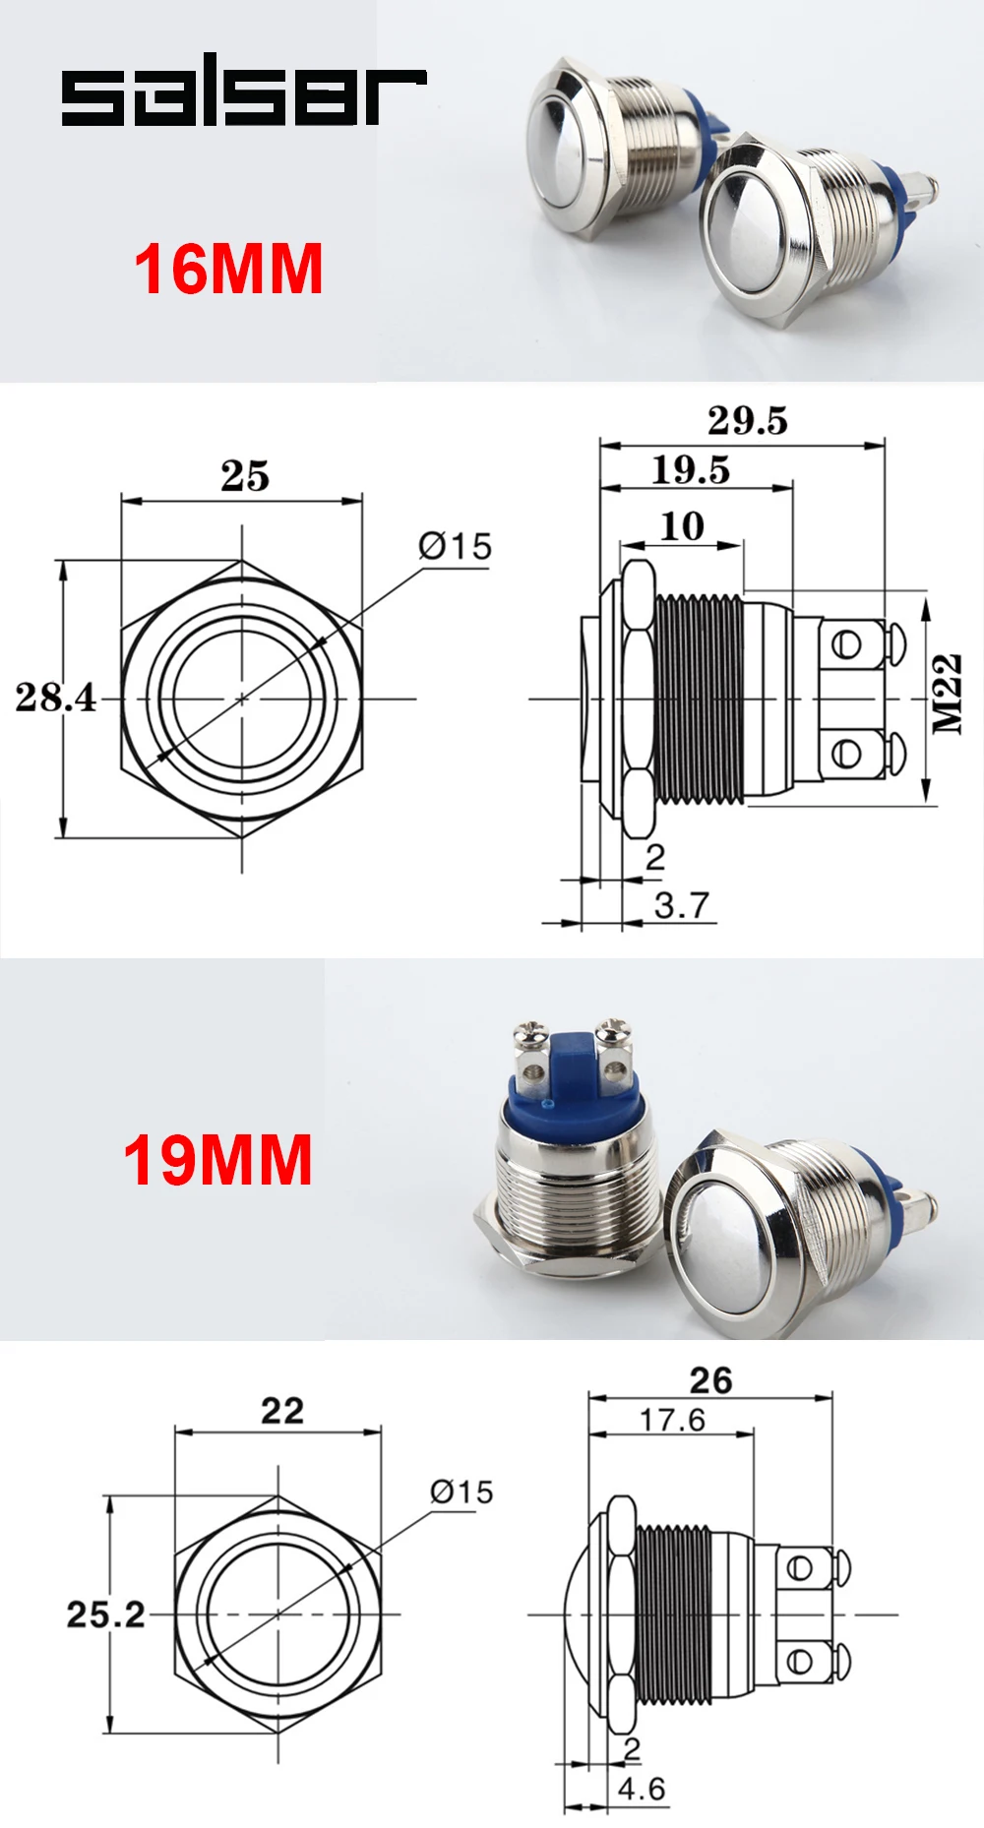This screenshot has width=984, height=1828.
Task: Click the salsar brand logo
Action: pyautogui.click(x=244, y=96)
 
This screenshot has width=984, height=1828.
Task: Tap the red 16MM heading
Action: pyautogui.click(x=229, y=269)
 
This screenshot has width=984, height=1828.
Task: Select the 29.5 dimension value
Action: pyautogui.click(x=748, y=420)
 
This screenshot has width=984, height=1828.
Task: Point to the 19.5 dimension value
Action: pyautogui.click(x=691, y=469)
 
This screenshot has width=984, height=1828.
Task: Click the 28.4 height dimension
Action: pyautogui.click(x=55, y=697)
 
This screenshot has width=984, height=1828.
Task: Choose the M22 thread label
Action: pyautogui.click(x=947, y=694)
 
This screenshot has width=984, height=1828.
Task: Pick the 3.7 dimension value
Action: pyautogui.click(x=681, y=904)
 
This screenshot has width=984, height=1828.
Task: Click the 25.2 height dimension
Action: pyautogui.click(x=105, y=1615)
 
